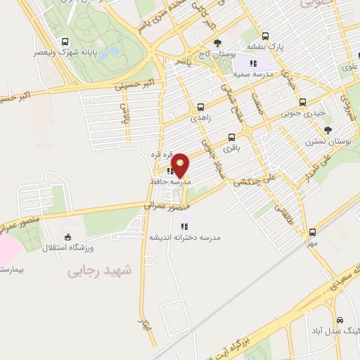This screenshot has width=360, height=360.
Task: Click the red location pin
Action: (180, 165)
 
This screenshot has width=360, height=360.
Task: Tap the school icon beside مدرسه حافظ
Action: (171, 170)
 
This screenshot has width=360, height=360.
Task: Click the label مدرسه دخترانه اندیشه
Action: (184, 238)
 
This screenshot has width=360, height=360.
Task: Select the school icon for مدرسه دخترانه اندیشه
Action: (184, 226)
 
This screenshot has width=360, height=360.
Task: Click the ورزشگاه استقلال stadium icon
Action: (67, 237)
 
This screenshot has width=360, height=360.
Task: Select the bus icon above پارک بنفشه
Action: (265, 36)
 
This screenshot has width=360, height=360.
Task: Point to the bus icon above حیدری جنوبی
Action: (302, 101)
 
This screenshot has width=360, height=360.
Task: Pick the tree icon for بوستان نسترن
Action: (328, 130)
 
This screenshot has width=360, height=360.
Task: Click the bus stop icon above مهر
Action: (312, 232)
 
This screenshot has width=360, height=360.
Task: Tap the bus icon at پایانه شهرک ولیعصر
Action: (65, 41)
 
